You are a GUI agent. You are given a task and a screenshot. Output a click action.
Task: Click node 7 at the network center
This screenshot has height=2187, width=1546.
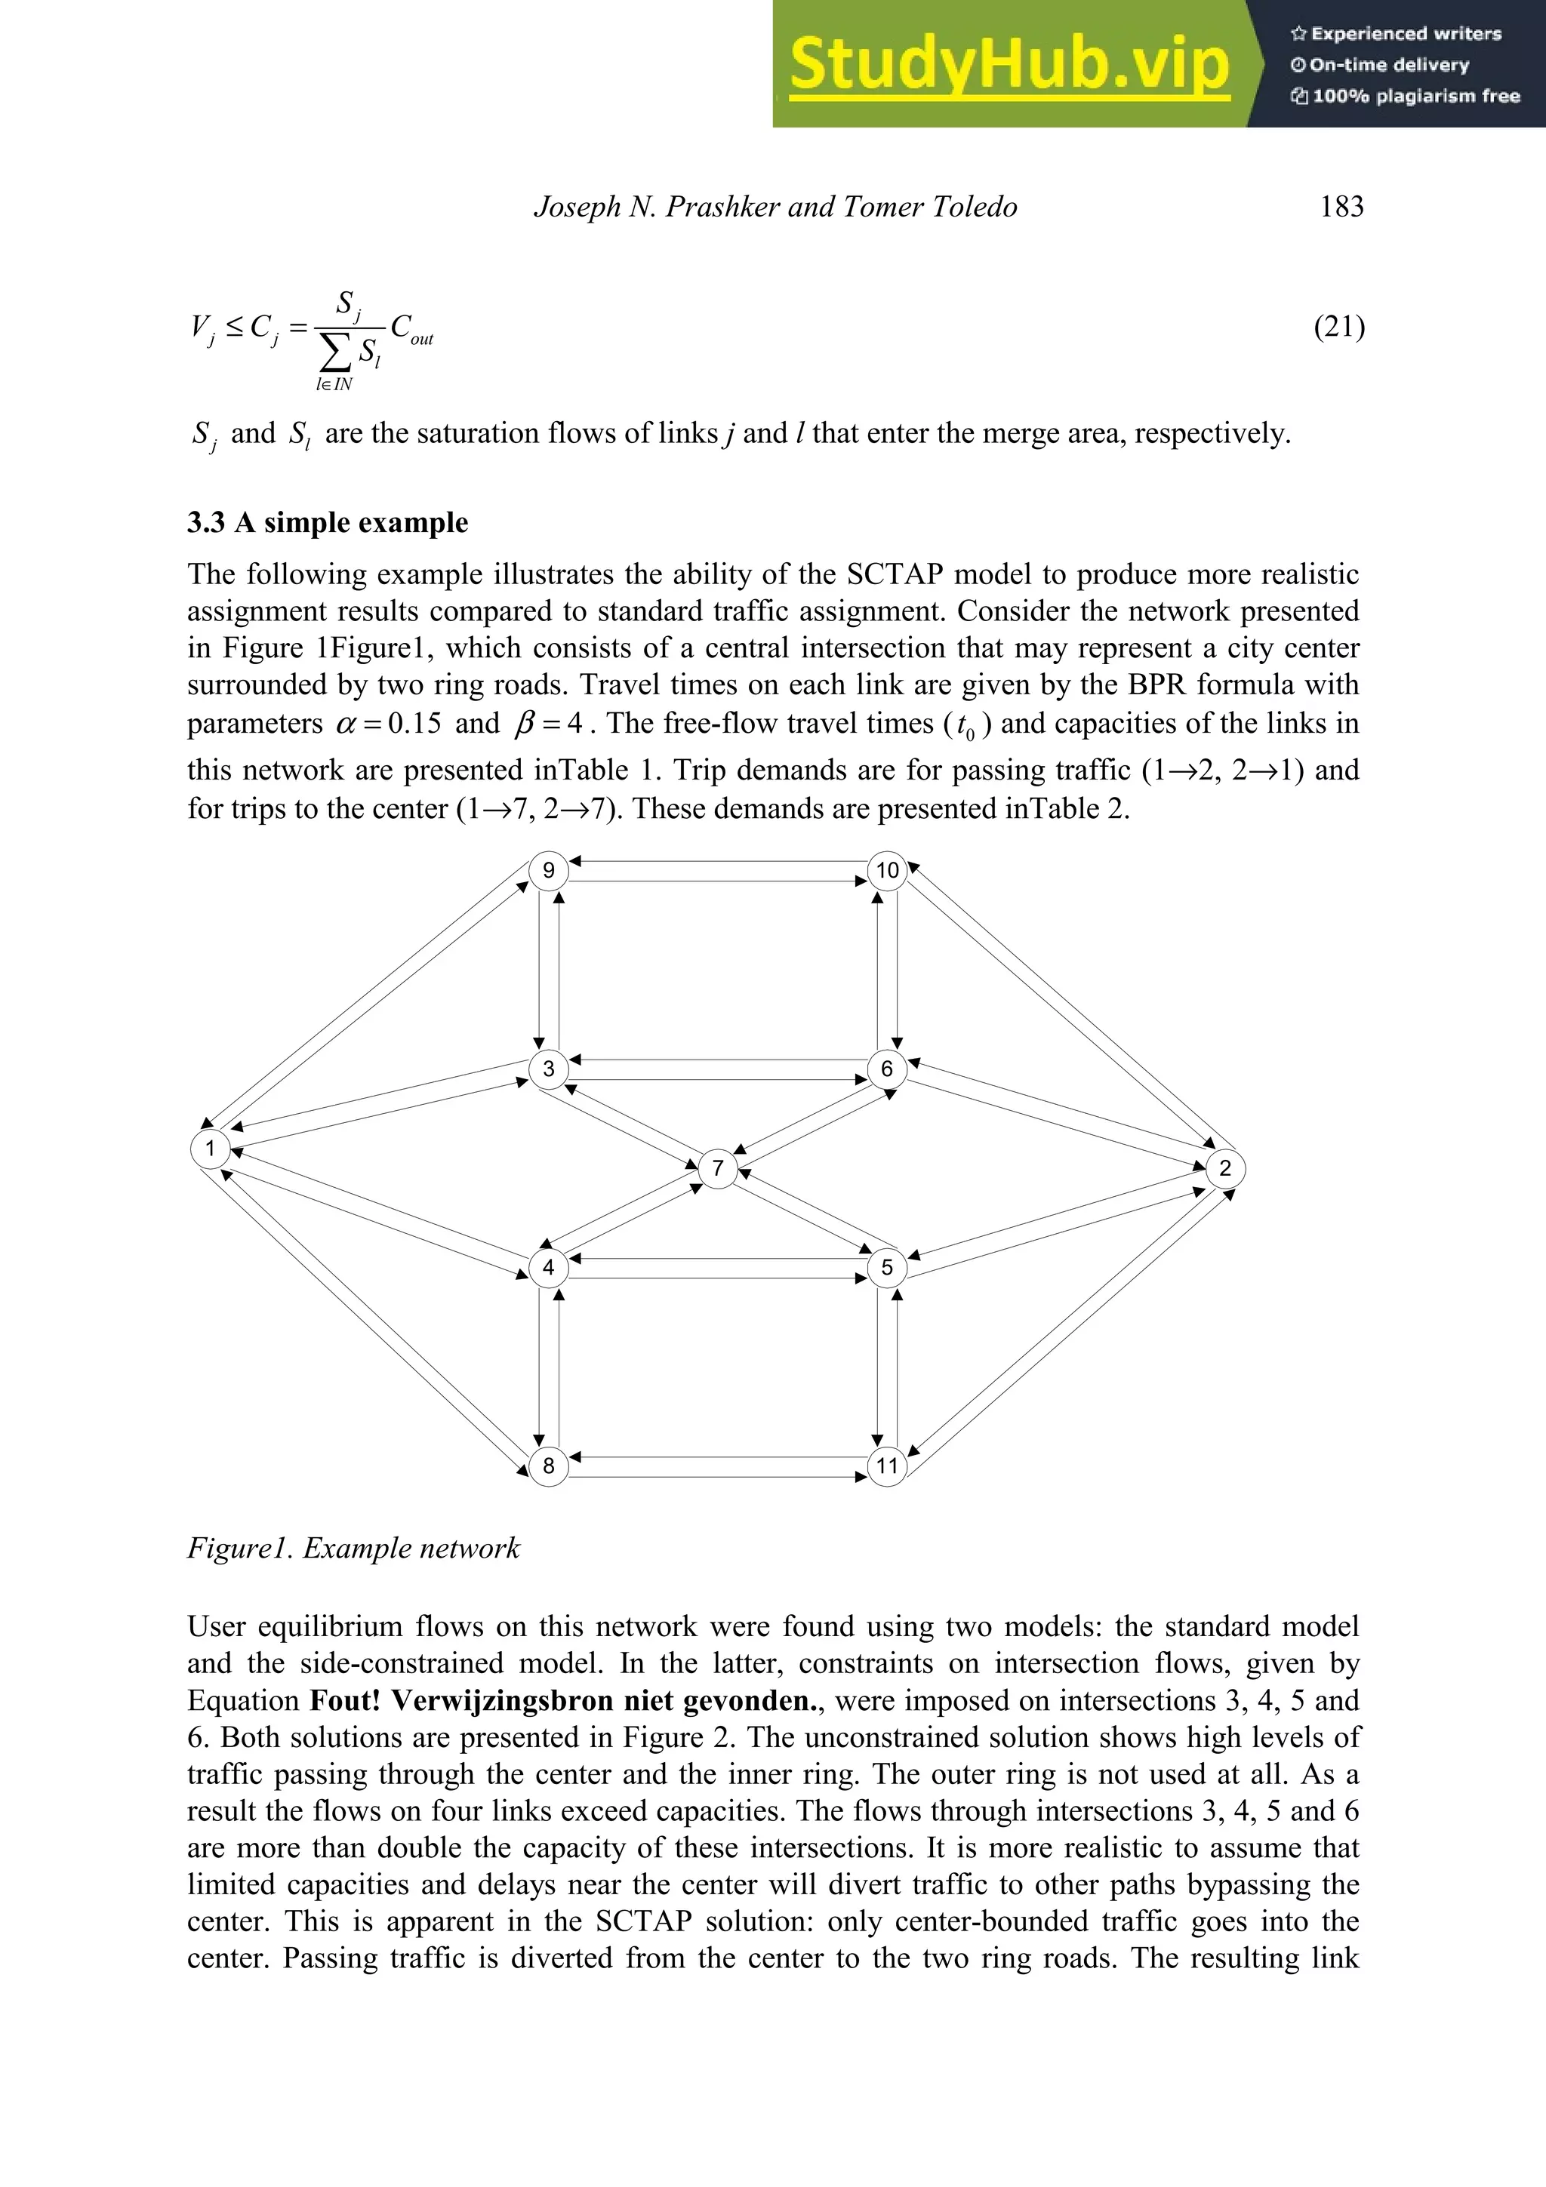point(717,1167)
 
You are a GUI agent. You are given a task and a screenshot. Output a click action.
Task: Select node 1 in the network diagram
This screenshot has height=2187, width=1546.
point(210,1148)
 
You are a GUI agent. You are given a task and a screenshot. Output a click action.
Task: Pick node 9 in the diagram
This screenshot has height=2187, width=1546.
point(549,869)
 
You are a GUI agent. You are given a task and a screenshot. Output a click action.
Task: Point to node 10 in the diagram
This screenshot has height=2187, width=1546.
point(887,869)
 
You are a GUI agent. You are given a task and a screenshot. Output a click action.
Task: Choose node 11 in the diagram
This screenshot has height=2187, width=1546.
point(887,1465)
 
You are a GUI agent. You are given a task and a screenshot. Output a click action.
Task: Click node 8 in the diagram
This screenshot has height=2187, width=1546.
point(549,1465)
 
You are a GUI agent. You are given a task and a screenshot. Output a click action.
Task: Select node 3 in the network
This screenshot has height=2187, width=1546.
point(549,1069)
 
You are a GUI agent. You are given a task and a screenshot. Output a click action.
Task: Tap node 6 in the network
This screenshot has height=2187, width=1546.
point(887,1069)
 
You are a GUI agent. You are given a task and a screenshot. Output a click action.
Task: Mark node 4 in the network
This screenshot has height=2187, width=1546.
point(549,1267)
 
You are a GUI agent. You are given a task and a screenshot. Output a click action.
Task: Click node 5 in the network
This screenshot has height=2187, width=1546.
point(887,1267)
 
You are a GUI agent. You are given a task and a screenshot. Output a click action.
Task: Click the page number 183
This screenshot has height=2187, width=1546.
point(1341,207)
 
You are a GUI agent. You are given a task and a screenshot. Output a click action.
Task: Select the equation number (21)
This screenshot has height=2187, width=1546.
point(1339,327)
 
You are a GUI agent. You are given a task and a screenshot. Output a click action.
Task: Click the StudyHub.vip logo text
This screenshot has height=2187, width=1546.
point(1009,65)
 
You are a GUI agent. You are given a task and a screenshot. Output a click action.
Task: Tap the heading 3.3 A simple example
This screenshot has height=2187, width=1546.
point(328,522)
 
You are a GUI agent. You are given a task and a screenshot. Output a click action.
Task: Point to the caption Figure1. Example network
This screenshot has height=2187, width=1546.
point(353,1548)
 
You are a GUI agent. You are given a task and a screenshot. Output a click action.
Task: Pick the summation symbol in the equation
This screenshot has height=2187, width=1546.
point(335,353)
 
